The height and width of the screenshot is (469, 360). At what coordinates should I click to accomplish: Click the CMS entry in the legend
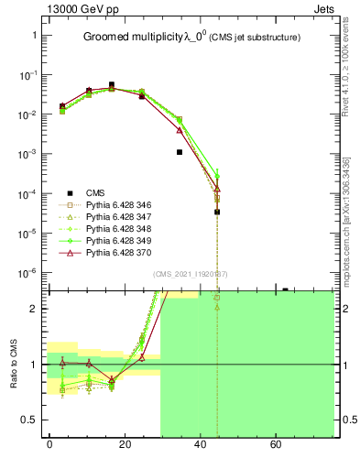(x=94, y=192)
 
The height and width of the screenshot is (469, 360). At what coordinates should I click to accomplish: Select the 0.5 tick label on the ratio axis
(x=30, y=420)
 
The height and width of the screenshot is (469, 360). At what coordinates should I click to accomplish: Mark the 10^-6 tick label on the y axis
(x=27, y=273)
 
